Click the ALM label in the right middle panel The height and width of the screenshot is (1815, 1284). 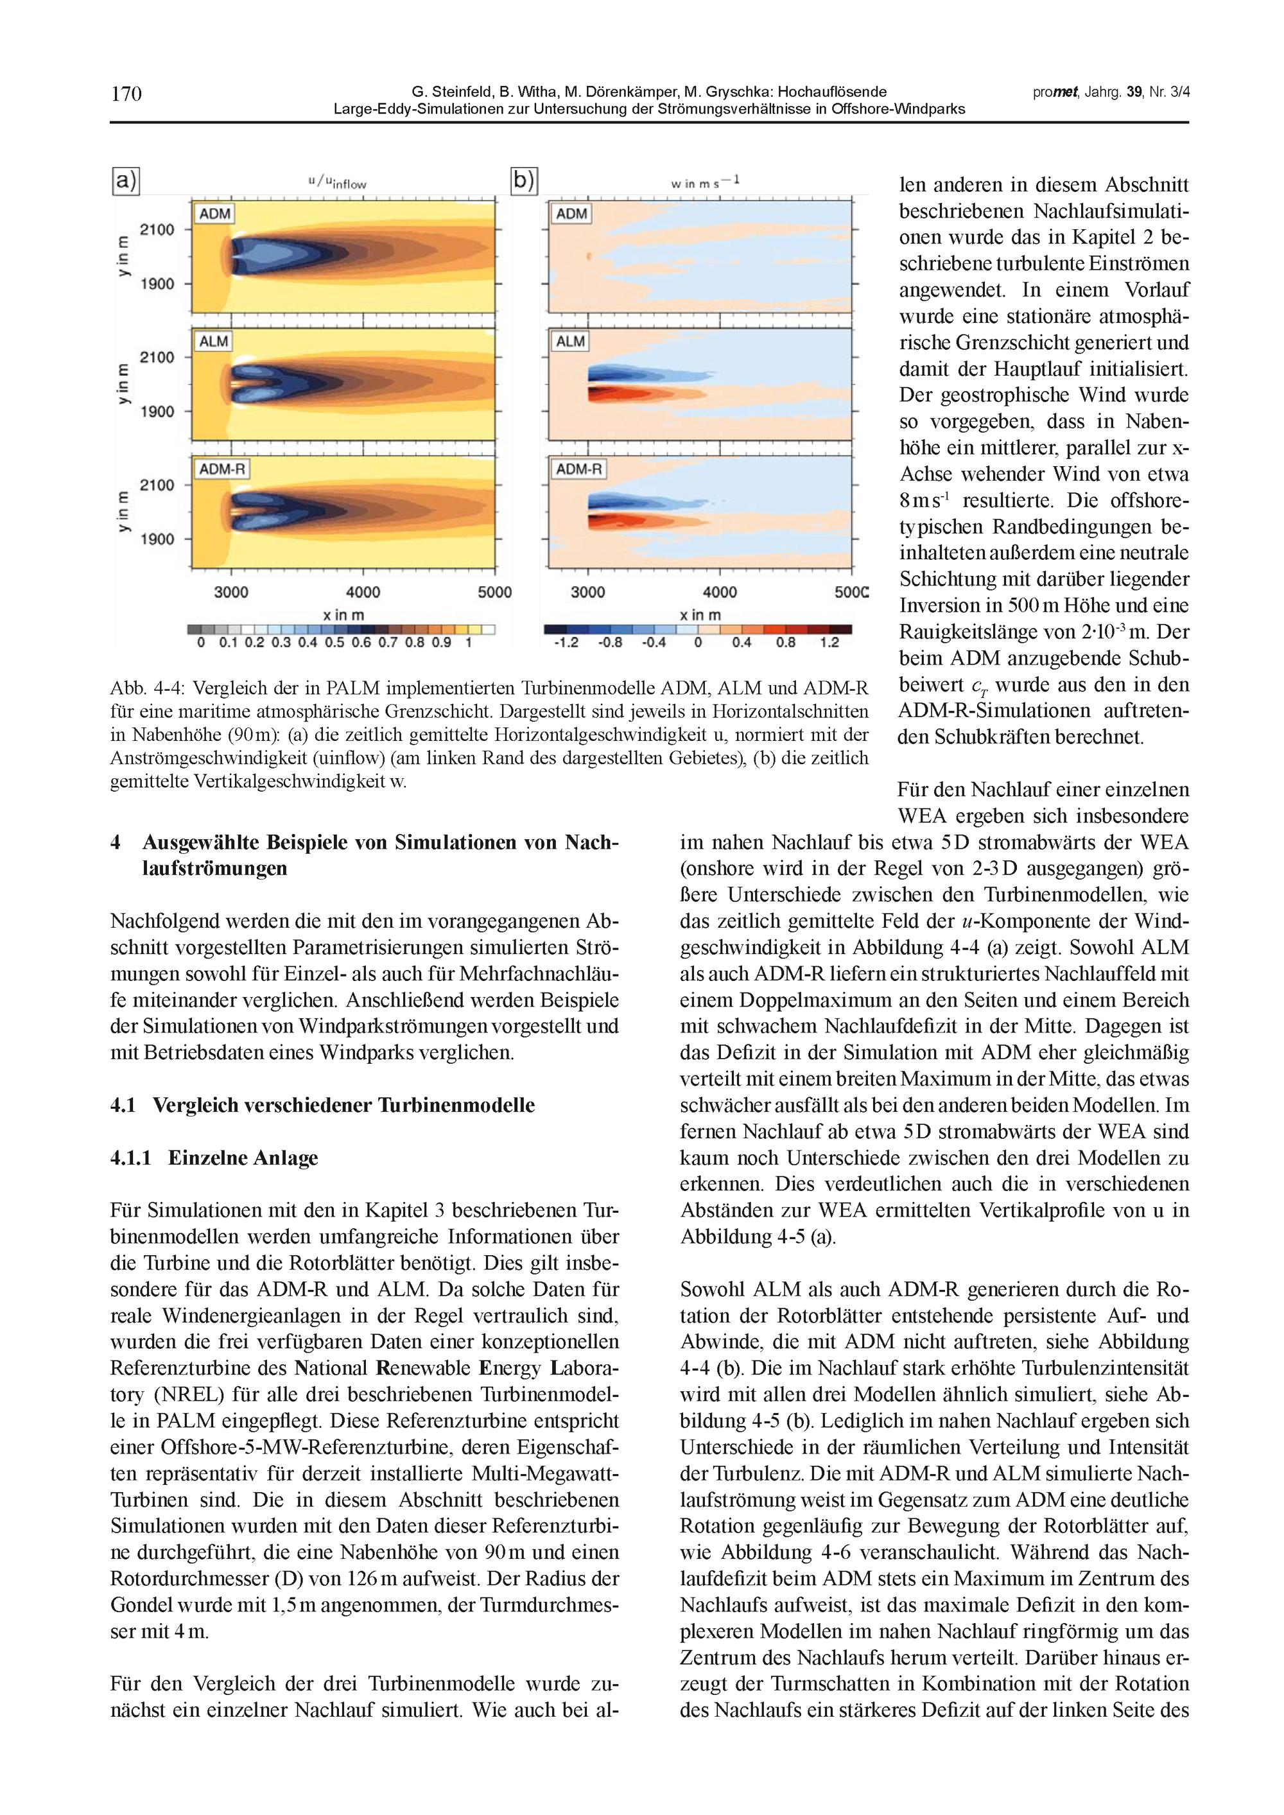[x=570, y=342]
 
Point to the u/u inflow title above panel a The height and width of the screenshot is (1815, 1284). [x=337, y=182]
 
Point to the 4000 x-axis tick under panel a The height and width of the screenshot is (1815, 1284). [x=363, y=592]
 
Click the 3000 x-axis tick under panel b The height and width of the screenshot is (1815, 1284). [x=587, y=592]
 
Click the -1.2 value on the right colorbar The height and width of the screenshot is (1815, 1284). [x=566, y=643]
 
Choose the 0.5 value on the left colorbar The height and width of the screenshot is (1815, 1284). [x=334, y=643]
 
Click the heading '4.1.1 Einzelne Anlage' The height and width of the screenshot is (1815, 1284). [x=214, y=1158]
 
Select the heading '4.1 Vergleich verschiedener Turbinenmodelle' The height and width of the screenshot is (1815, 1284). [x=322, y=1105]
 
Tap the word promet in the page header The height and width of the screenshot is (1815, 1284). [x=1055, y=92]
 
